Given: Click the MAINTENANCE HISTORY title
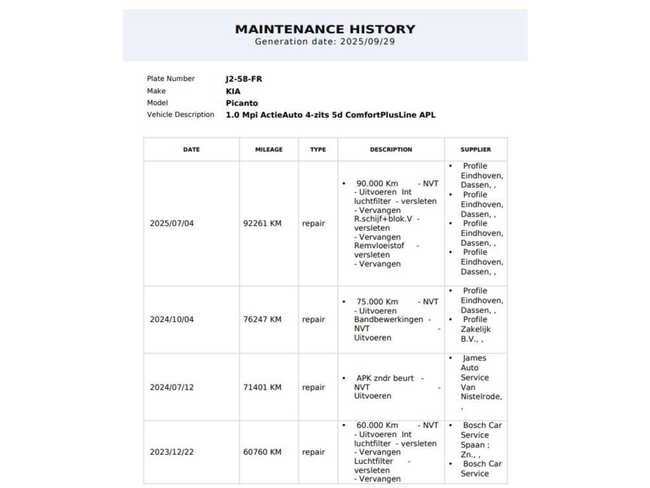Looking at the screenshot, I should click(x=325, y=29).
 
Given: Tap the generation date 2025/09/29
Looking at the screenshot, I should click(x=367, y=42).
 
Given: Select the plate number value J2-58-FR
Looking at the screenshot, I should click(x=244, y=79).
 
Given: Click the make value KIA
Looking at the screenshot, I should click(x=233, y=91).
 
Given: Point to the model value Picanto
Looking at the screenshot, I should click(x=242, y=103).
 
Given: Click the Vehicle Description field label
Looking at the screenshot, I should click(x=180, y=115).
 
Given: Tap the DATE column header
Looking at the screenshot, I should click(x=191, y=149).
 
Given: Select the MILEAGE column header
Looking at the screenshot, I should click(x=269, y=149).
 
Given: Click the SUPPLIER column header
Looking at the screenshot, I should click(x=475, y=149).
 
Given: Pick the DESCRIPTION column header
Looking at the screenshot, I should click(x=391, y=149).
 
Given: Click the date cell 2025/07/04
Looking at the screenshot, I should click(x=172, y=224).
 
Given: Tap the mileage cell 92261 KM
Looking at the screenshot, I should click(x=262, y=224).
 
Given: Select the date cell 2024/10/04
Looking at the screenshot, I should click(x=172, y=320).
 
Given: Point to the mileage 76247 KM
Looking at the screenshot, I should click(x=262, y=320).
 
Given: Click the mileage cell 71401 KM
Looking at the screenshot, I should click(x=262, y=387).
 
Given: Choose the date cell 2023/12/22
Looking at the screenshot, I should click(x=172, y=452).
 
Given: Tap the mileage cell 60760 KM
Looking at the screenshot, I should click(x=262, y=452).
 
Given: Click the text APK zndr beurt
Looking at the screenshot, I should click(x=385, y=378).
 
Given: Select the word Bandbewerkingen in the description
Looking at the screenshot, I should click(x=388, y=320).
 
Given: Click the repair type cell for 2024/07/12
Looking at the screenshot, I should click(x=313, y=387).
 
